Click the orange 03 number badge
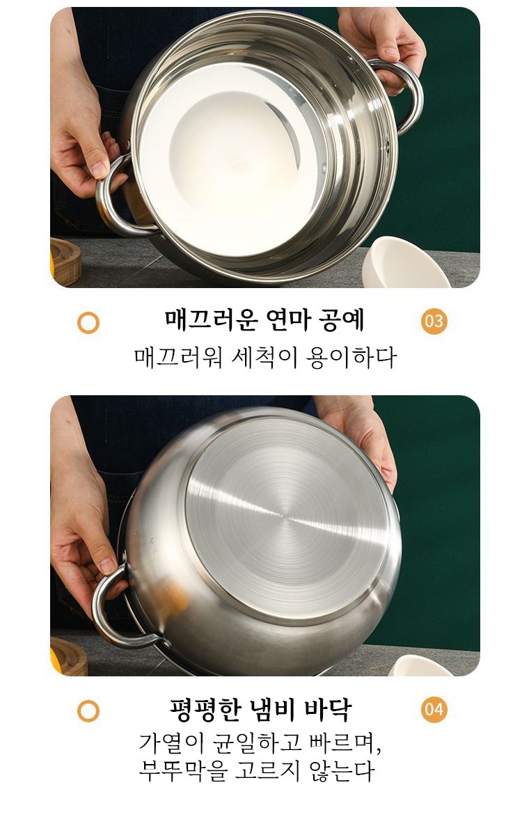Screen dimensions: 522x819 434,321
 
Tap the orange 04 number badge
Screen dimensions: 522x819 434,710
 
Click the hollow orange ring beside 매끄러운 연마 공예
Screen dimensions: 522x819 88,323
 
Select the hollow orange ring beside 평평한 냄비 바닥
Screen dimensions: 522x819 88,711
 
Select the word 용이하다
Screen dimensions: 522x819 352,358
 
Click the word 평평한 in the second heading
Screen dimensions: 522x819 205,709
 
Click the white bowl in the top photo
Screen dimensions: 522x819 405,264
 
